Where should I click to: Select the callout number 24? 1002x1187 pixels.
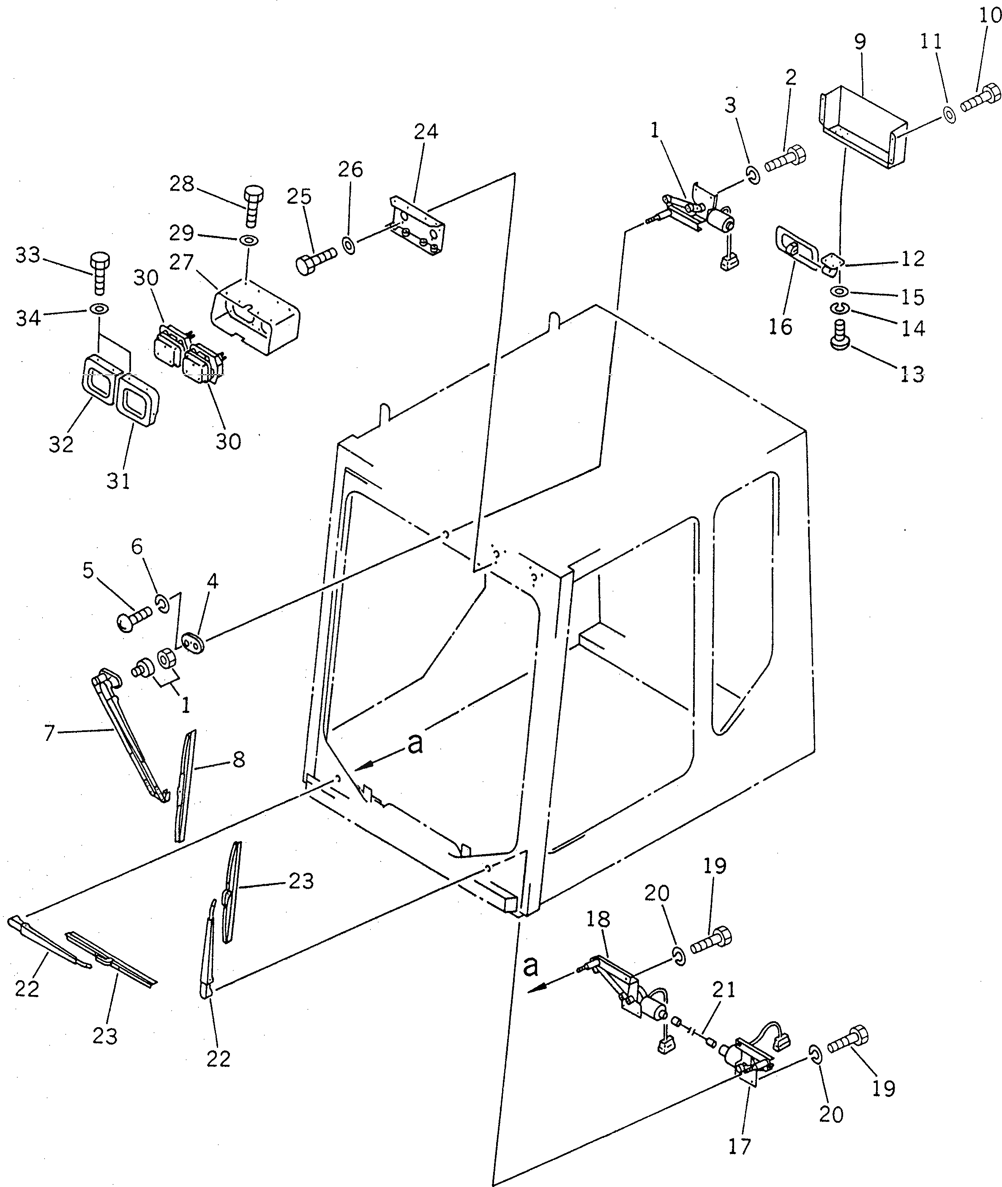click(x=426, y=132)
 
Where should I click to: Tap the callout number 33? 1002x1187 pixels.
click(x=28, y=255)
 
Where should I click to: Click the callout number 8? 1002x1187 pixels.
click(x=239, y=759)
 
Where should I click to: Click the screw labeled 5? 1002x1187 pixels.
click(x=134, y=619)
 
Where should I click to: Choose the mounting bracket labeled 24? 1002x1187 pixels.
click(x=418, y=222)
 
